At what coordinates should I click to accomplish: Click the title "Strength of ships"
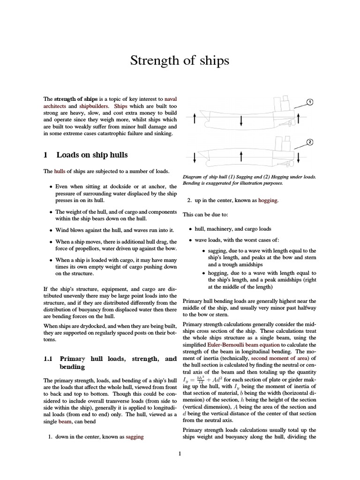[180, 60]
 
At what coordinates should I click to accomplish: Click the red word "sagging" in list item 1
[134, 437]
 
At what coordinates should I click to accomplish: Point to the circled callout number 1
[309, 102]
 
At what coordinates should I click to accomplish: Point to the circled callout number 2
[309, 142]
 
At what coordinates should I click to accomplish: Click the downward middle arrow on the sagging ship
[241, 121]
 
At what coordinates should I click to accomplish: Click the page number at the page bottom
[180, 453]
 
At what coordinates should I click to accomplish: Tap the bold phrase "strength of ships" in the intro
[76, 99]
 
